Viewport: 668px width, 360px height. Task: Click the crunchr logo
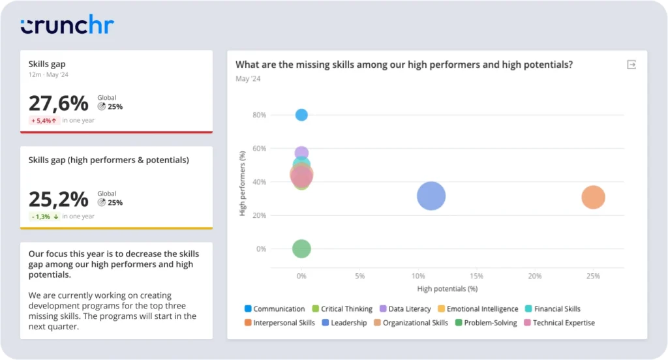67,26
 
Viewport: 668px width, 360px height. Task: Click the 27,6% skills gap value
58,104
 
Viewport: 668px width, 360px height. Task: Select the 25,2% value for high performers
58,199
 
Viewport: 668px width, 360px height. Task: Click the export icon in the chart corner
631,65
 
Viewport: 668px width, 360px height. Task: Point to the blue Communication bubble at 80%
301,115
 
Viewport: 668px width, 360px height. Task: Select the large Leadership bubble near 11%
431,196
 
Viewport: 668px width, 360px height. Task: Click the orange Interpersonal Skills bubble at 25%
593,197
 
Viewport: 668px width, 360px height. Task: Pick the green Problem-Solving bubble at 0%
301,248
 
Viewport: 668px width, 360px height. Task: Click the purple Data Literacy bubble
301,153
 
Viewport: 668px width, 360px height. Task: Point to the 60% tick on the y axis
259,149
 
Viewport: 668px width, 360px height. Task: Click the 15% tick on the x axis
476,277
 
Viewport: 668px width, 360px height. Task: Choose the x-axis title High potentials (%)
448,288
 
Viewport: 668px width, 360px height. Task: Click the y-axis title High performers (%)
243,183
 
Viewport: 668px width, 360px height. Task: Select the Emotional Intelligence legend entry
482,309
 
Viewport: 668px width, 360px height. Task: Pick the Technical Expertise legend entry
563,323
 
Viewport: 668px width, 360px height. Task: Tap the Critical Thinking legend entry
346,309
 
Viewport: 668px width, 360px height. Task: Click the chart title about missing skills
404,65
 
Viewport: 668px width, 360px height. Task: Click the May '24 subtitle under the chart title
247,79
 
